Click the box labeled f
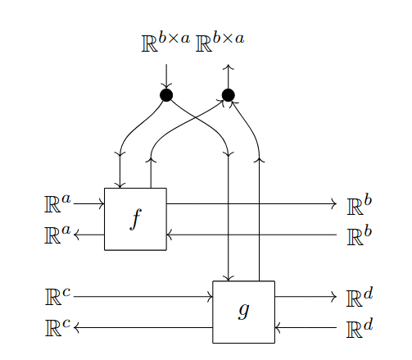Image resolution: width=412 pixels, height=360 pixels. [135, 219]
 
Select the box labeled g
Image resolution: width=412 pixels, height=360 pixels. [243, 312]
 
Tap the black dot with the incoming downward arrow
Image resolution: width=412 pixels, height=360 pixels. [166, 95]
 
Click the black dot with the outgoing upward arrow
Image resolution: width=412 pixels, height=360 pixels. [229, 95]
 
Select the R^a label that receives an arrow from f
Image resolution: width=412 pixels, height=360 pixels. [57, 235]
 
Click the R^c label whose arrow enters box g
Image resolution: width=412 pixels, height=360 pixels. [57, 296]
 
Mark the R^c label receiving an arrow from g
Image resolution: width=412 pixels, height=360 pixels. [57, 327]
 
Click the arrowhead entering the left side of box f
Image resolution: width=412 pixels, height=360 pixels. [102, 203]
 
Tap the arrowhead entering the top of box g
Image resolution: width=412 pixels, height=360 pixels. [229, 278]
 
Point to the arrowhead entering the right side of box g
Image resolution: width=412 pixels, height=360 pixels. [278, 327]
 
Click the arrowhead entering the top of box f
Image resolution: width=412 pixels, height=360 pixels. [120, 185]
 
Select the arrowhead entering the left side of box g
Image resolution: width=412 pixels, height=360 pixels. [210, 296]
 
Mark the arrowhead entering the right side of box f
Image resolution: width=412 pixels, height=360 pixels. [170, 235]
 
